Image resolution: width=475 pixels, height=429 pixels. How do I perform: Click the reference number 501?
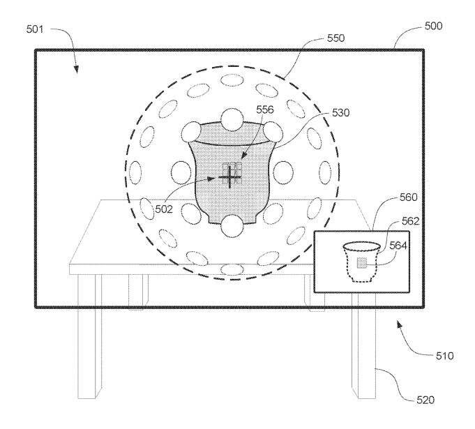coord(35,29)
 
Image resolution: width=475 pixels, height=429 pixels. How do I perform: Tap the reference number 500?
coord(433,26)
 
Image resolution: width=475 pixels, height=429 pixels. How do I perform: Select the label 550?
coord(336,38)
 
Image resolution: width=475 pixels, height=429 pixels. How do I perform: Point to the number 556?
coord(265,110)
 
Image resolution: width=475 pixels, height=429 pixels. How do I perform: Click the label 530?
coord(341,113)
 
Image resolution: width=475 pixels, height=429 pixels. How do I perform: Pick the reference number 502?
coord(164,209)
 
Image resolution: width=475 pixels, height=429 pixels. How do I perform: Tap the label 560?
coord(408,197)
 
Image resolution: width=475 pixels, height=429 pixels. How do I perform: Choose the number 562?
coord(410,221)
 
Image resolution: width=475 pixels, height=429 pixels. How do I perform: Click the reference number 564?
coord(398,246)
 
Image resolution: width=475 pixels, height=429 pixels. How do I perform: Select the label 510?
coord(445,356)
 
